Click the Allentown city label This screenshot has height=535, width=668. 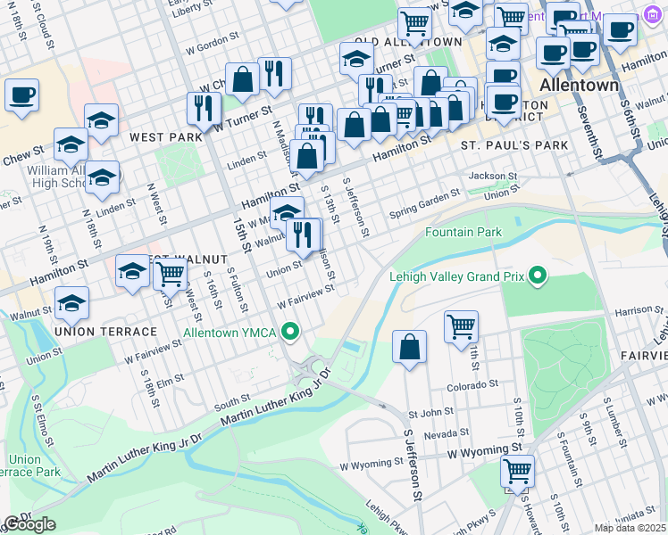click(x=580, y=86)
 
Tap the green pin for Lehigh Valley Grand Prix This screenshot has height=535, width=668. click(x=537, y=276)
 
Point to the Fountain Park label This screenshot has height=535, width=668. click(x=463, y=233)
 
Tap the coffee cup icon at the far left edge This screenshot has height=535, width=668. click(x=21, y=95)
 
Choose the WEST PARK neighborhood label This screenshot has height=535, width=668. click(x=166, y=137)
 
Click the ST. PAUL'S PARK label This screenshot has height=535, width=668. click(x=514, y=144)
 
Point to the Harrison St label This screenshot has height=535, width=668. click(x=634, y=310)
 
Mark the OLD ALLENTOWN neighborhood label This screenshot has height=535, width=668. click(x=408, y=42)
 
